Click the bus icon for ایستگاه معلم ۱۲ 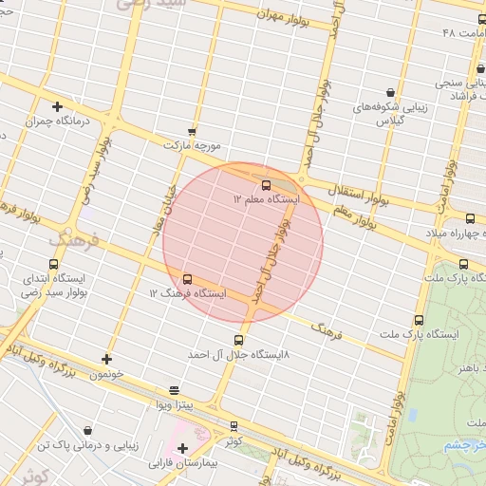tap(265, 185)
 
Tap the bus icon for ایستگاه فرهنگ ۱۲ tap(187, 279)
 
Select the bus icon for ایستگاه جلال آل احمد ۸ tap(238, 340)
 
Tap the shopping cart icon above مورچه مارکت tap(193, 132)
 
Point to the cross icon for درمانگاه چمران tap(57, 107)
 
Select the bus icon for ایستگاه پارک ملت tap(419, 321)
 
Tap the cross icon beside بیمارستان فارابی tap(183, 449)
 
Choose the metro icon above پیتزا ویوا tap(174, 390)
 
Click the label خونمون tap(106, 374)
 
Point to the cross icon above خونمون tap(106, 359)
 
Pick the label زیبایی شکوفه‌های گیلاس tap(390, 114)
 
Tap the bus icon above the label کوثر tap(234, 426)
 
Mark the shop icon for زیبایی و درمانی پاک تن tap(88, 430)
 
